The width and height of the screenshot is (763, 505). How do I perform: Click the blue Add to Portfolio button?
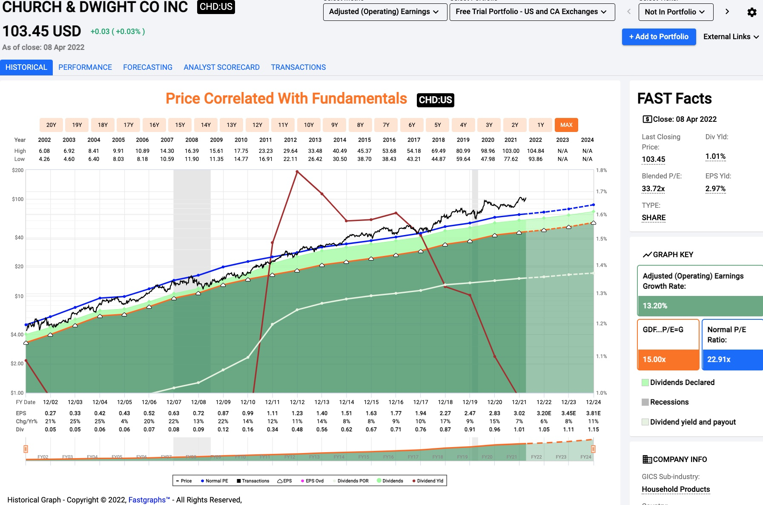click(659, 37)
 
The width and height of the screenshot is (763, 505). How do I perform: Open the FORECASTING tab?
click(148, 67)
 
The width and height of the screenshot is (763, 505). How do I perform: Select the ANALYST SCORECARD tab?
click(221, 67)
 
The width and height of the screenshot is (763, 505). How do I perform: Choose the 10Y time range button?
click(309, 125)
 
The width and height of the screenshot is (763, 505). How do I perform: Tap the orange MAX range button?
click(566, 125)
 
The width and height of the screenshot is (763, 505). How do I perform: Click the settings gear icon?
click(752, 12)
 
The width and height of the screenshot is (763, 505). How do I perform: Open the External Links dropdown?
click(731, 37)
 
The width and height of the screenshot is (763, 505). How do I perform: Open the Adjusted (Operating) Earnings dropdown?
click(384, 12)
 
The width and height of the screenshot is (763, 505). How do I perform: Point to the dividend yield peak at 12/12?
click(297, 172)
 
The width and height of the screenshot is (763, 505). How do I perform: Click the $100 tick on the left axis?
click(18, 199)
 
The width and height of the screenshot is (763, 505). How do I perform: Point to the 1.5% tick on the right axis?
click(601, 239)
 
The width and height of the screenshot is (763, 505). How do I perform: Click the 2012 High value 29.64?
click(290, 151)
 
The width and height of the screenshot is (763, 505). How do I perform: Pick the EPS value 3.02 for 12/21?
click(519, 413)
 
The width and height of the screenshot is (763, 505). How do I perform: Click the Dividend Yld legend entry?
click(428, 481)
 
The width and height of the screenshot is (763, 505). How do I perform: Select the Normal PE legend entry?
click(215, 481)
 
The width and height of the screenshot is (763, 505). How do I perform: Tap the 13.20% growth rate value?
click(655, 306)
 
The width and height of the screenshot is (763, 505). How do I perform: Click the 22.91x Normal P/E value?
click(719, 359)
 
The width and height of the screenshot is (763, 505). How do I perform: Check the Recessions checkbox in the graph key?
click(645, 402)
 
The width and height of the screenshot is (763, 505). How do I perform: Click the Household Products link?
click(676, 489)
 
